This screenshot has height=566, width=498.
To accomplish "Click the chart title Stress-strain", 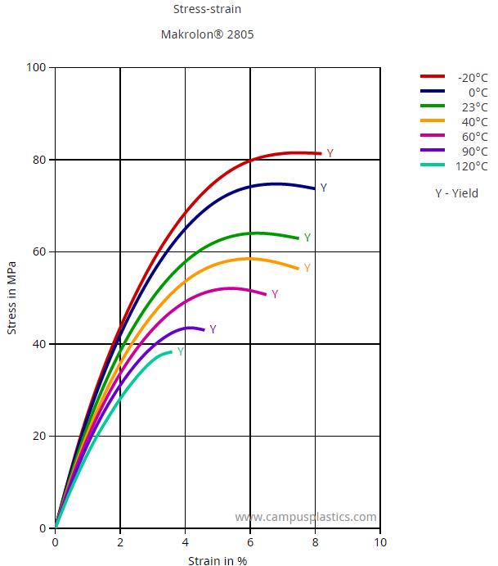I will click(208, 10).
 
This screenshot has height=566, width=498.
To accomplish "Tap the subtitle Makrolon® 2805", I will click(208, 35).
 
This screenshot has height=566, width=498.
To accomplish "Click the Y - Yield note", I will click(456, 194).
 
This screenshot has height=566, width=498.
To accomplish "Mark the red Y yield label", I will click(330, 154).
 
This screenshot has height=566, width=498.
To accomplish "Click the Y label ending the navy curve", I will click(324, 188).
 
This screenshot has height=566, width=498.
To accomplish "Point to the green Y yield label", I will click(307, 238).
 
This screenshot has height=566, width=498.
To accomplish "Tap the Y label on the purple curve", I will click(213, 330).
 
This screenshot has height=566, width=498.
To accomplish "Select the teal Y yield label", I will click(181, 352).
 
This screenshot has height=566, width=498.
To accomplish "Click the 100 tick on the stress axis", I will click(37, 67).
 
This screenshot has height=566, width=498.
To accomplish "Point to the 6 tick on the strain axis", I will click(250, 542).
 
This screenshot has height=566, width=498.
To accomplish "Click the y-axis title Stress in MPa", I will click(11, 298).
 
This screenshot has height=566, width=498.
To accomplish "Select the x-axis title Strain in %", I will click(218, 560).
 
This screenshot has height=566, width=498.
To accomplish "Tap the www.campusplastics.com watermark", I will click(306, 517).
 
